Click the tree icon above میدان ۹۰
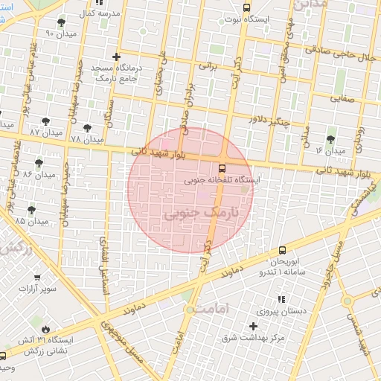(x=60, y=22)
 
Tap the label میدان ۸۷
(x=45, y=132)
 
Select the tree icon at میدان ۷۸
(x=88, y=128)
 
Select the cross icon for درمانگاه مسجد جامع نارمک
(x=115, y=57)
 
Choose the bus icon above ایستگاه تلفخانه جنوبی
(x=222, y=168)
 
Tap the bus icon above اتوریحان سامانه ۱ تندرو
(x=282, y=252)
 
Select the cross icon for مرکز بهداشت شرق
(x=254, y=327)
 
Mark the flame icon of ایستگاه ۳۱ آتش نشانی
(x=47, y=327)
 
